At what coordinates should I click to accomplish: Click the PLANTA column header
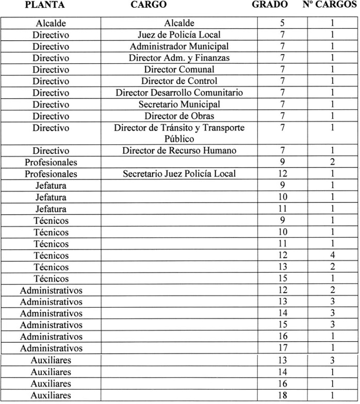(x=46, y=5)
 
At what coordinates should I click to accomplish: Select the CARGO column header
(x=149, y=5)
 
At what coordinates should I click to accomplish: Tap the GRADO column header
(x=269, y=5)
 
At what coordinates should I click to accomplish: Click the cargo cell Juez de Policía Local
(x=179, y=35)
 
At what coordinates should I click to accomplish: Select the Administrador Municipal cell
(x=179, y=46)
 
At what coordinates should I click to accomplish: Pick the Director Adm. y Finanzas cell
(x=179, y=58)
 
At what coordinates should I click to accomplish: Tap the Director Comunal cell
(x=179, y=70)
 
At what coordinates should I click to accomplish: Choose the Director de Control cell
(x=179, y=81)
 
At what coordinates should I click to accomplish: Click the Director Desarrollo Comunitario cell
(x=179, y=93)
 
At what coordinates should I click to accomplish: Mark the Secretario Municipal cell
(x=179, y=105)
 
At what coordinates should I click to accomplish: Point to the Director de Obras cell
(x=179, y=116)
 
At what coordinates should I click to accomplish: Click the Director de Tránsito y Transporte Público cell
(x=179, y=133)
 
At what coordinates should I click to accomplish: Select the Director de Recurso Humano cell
(x=179, y=151)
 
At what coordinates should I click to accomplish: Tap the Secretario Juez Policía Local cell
(x=179, y=174)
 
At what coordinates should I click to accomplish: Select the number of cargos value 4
(x=333, y=256)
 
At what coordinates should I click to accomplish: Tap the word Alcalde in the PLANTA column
(x=51, y=23)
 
